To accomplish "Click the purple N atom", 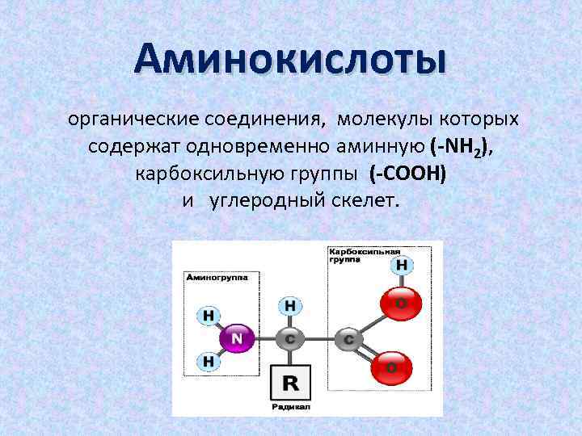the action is (237, 337).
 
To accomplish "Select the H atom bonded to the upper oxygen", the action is (401, 265).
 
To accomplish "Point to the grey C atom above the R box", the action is (289, 337).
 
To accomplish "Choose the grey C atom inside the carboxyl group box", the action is (348, 339).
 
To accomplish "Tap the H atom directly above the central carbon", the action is (289, 306).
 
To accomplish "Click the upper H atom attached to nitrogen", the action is (209, 314).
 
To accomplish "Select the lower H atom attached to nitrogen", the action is (209, 362).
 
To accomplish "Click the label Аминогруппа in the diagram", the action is (217, 276).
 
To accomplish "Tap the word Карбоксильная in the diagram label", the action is (363, 250).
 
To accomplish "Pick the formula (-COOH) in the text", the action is (407, 173).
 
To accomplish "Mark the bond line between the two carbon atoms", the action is (319, 338).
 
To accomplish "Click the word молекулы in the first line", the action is (383, 121).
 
